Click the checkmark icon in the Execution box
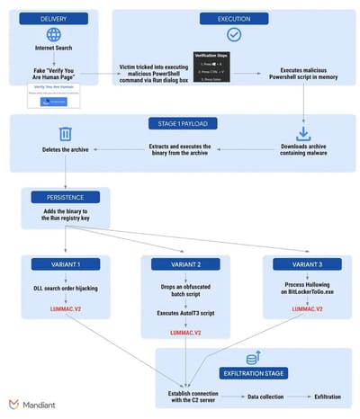point(233,35)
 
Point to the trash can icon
point(53,135)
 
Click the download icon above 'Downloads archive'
point(302,135)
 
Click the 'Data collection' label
point(267,395)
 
